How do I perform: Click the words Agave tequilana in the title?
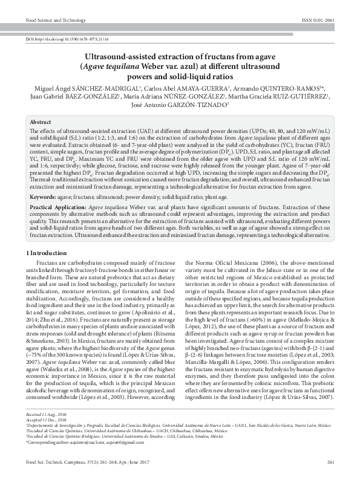pyautogui.click(x=113, y=66)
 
